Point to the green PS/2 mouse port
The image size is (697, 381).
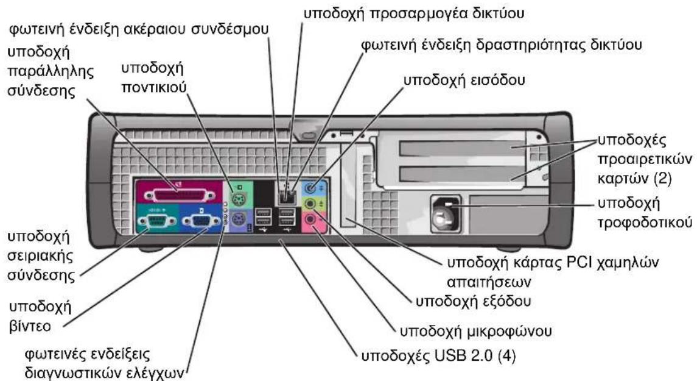239,197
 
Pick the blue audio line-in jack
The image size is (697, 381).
310,187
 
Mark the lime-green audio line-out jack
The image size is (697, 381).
310,204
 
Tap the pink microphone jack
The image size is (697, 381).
310,219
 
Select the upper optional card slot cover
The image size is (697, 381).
462,148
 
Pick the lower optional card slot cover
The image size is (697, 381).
462,174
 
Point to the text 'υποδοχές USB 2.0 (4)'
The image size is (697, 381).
438,356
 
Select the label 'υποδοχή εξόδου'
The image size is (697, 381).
473,302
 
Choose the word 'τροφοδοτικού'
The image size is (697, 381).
645,223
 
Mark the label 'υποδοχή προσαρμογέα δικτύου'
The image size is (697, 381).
414,13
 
